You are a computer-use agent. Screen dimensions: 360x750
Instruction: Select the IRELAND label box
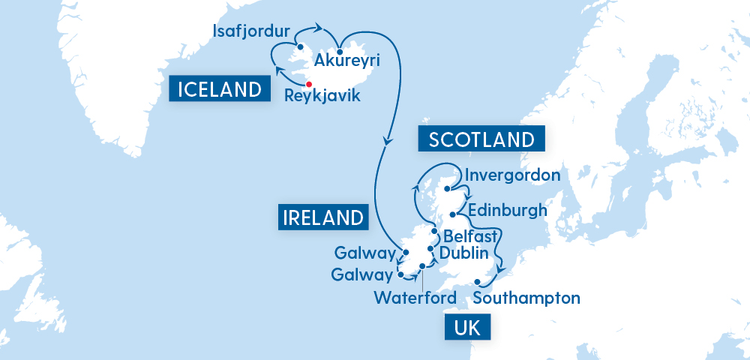(x=323, y=217)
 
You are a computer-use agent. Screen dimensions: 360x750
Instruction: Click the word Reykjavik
(x=322, y=96)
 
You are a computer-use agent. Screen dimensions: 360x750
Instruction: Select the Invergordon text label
(x=513, y=175)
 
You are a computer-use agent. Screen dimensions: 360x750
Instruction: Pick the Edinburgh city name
(x=507, y=210)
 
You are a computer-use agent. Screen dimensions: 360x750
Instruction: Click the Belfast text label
(x=470, y=238)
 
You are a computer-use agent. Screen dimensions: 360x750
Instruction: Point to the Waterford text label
(x=415, y=298)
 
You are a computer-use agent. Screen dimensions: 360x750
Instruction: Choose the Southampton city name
(x=527, y=298)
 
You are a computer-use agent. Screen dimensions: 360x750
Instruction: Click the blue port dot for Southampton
(x=477, y=283)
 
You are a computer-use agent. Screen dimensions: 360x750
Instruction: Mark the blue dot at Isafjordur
(x=300, y=45)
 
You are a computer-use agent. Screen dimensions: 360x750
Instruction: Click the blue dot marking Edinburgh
(x=452, y=215)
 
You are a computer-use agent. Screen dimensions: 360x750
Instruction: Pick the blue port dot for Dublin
(x=430, y=249)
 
